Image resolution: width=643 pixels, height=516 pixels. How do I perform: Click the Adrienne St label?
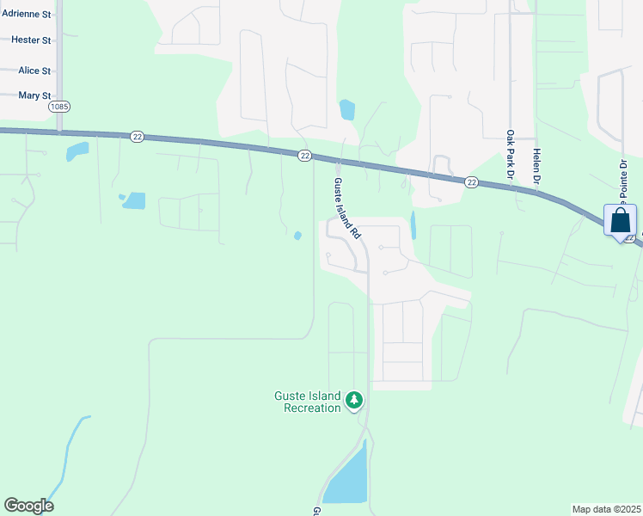pyautogui.click(x=27, y=15)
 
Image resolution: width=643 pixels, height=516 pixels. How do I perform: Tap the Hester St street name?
pyautogui.click(x=32, y=40)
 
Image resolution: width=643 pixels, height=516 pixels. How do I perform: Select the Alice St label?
pyautogui.click(x=34, y=71)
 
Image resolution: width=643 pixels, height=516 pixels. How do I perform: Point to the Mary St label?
pyautogui.click(x=34, y=95)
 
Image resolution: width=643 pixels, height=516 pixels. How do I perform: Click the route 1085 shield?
pyautogui.click(x=59, y=107)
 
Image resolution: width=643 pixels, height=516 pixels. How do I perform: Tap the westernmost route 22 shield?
pyautogui.click(x=137, y=137)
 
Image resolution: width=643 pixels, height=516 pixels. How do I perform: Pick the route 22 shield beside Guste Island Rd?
pyautogui.click(x=304, y=155)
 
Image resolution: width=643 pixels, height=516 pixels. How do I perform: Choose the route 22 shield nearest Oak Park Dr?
pyautogui.click(x=471, y=181)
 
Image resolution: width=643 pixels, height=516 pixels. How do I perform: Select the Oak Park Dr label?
pyautogui.click(x=510, y=155)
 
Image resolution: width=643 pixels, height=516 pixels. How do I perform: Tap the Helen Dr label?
pyautogui.click(x=536, y=166)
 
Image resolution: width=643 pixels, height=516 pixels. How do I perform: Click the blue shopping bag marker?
pyautogui.click(x=621, y=222)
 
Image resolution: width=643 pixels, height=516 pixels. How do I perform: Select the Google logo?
pyautogui.click(x=28, y=506)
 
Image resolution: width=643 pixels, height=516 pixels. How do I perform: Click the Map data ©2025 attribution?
pyautogui.click(x=607, y=509)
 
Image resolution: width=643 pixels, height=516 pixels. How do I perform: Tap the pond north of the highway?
pyautogui.click(x=347, y=110)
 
